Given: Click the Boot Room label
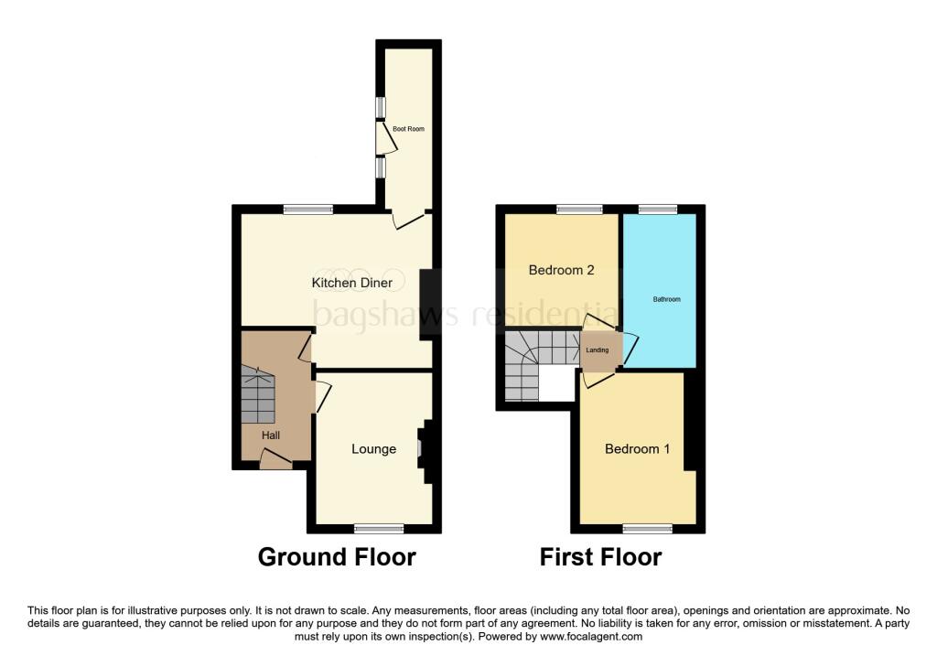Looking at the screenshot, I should tap(409, 129).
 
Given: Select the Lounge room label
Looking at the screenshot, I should tap(374, 449).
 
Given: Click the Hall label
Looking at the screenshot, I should tap(271, 435).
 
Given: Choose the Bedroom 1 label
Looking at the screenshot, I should tap(637, 449).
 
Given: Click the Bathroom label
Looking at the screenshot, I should tap(666, 299).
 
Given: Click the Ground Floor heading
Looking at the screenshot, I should tap(337, 556).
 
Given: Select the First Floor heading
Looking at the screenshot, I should tap(600, 556).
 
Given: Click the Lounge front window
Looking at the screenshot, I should tap(379, 527).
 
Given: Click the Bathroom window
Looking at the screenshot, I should tap(657, 210).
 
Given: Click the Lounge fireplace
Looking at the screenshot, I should tap(424, 448).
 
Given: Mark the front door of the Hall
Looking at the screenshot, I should tap(275, 464).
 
